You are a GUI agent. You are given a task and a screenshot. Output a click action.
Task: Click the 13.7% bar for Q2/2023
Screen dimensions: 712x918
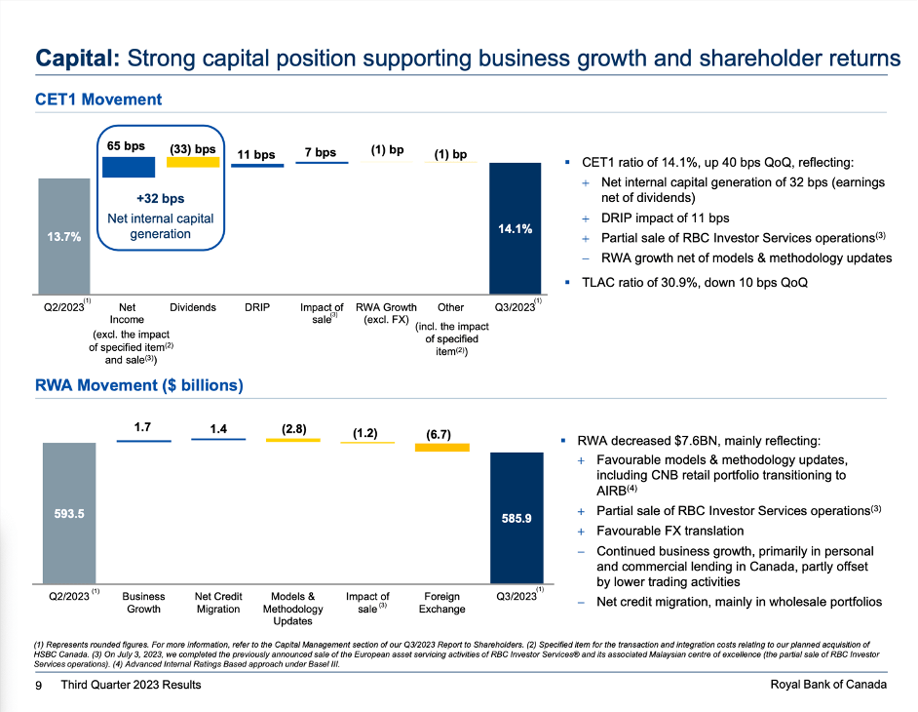[x=64, y=235]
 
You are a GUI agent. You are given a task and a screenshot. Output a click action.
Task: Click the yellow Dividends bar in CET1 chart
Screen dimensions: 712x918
[x=192, y=162]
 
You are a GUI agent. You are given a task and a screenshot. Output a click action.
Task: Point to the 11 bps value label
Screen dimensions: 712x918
[x=256, y=154]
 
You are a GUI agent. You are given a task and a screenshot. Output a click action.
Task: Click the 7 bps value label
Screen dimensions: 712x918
[x=321, y=152]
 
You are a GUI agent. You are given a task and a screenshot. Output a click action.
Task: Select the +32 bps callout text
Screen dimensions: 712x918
[x=160, y=199]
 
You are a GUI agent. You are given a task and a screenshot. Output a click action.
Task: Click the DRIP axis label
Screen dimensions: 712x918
[x=256, y=307]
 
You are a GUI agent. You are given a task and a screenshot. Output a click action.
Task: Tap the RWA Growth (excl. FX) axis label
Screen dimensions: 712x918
[x=386, y=313]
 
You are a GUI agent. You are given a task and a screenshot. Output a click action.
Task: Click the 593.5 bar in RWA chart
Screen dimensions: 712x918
[x=68, y=513]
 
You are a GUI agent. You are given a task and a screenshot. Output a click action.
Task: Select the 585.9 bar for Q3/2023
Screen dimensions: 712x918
[x=516, y=518]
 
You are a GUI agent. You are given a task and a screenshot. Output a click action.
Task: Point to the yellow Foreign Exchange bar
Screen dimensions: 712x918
[x=442, y=447]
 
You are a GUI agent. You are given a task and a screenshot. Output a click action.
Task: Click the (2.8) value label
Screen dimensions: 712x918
[x=293, y=427]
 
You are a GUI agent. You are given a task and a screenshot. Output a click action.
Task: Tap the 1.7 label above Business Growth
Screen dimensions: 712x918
[x=143, y=426]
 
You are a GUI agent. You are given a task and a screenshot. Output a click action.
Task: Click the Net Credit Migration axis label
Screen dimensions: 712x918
[x=218, y=602]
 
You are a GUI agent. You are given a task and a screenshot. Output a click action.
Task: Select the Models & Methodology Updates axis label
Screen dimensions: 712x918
[x=292, y=608]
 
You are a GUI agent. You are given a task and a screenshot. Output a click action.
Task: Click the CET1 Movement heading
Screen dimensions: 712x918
[x=97, y=99]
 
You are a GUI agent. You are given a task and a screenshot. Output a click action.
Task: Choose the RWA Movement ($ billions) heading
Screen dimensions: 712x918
[x=138, y=385]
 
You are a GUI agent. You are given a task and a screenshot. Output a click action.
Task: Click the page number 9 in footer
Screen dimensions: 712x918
[x=37, y=685]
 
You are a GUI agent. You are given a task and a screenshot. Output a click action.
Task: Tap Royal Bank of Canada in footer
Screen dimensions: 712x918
[x=827, y=685]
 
